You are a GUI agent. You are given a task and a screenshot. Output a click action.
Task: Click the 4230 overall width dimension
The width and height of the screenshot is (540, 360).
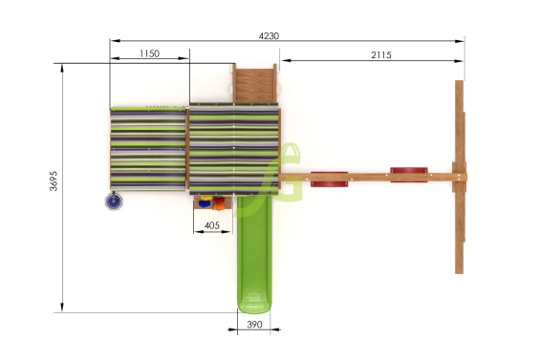coord(269,35)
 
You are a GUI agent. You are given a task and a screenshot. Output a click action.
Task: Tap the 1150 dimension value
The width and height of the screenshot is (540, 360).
coord(149,53)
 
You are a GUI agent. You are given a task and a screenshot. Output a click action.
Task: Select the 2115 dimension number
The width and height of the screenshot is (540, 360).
coord(381,54)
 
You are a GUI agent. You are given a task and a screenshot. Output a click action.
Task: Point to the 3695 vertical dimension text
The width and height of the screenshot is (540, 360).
coord(54,180)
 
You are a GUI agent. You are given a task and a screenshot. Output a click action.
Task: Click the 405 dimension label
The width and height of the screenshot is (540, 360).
coord(212,225)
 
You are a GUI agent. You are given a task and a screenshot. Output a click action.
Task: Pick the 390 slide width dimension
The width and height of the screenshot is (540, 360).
coord(254,325)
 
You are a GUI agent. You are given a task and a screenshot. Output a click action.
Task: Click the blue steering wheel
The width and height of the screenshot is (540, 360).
coord(114,201)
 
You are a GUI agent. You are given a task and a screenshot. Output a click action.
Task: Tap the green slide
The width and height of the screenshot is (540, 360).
coord(254,254)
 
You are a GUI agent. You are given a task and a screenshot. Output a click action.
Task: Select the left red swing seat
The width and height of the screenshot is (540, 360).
coord(329,180)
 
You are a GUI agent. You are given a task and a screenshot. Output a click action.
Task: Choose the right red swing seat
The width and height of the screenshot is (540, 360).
coord(409,175)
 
